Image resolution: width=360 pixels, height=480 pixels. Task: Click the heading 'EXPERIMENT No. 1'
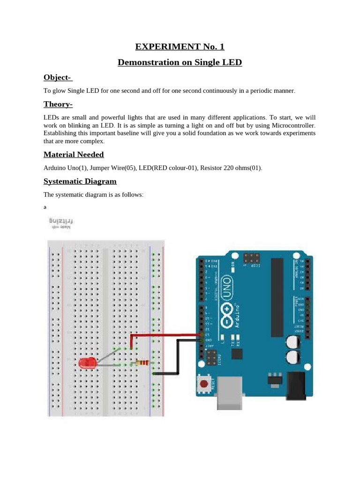(x=180, y=46)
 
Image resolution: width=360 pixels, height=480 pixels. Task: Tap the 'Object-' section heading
(x=58, y=77)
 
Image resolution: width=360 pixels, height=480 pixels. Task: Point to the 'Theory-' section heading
(x=58, y=104)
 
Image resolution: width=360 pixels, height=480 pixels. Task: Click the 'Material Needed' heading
(x=74, y=155)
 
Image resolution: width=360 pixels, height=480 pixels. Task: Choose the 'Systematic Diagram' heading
(x=80, y=181)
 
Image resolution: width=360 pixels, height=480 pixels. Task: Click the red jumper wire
(x=164, y=335)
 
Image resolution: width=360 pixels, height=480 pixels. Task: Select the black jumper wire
(x=178, y=356)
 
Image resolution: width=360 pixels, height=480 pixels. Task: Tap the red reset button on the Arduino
(x=204, y=385)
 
